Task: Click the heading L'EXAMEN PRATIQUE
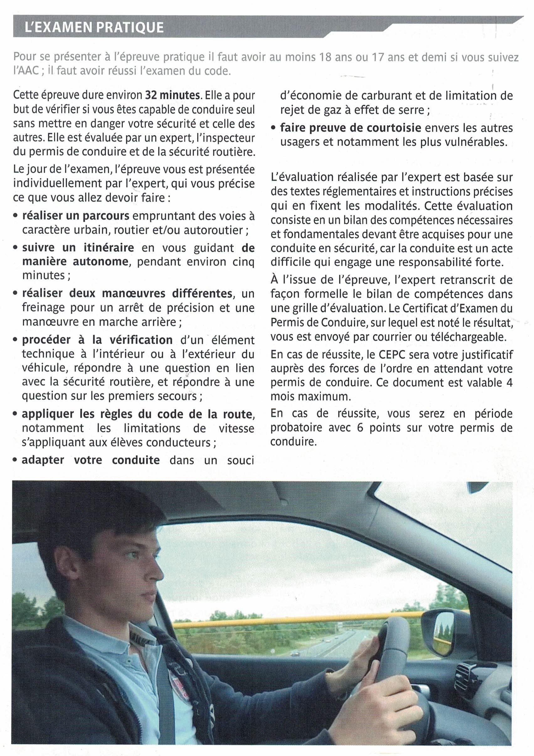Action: [94, 27]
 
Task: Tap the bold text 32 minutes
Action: [173, 95]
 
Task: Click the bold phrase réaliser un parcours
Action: [76, 216]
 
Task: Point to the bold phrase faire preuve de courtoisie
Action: [351, 128]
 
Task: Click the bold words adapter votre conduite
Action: [91, 460]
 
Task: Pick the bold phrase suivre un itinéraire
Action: [78, 248]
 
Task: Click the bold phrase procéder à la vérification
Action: [97, 340]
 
